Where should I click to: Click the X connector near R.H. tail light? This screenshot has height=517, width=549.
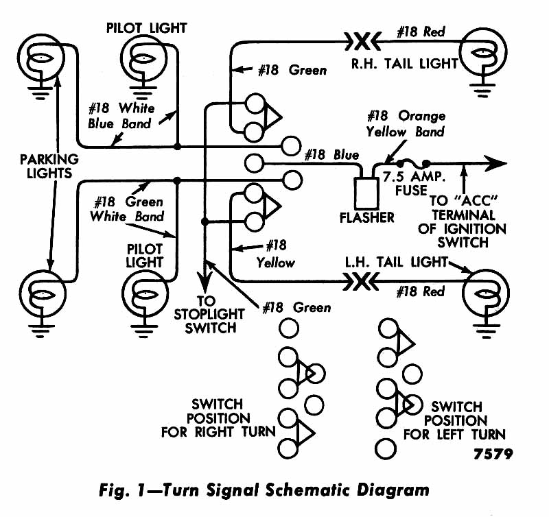click(362, 42)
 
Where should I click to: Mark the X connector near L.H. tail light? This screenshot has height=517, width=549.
click(362, 282)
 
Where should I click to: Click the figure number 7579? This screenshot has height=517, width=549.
click(493, 454)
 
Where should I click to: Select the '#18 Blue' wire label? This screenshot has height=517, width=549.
click(331, 154)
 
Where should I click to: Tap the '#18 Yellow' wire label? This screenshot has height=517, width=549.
click(276, 254)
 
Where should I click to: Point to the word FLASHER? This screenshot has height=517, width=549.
click(367, 217)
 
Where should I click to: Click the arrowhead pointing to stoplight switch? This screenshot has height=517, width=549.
click(205, 280)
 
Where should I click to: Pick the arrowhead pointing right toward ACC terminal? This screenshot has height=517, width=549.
click(495, 163)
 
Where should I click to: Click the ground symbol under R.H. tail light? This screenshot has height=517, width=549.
click(483, 90)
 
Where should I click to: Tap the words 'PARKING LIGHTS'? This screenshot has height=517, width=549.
click(49, 166)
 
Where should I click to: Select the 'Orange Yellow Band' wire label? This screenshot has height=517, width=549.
click(406, 124)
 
